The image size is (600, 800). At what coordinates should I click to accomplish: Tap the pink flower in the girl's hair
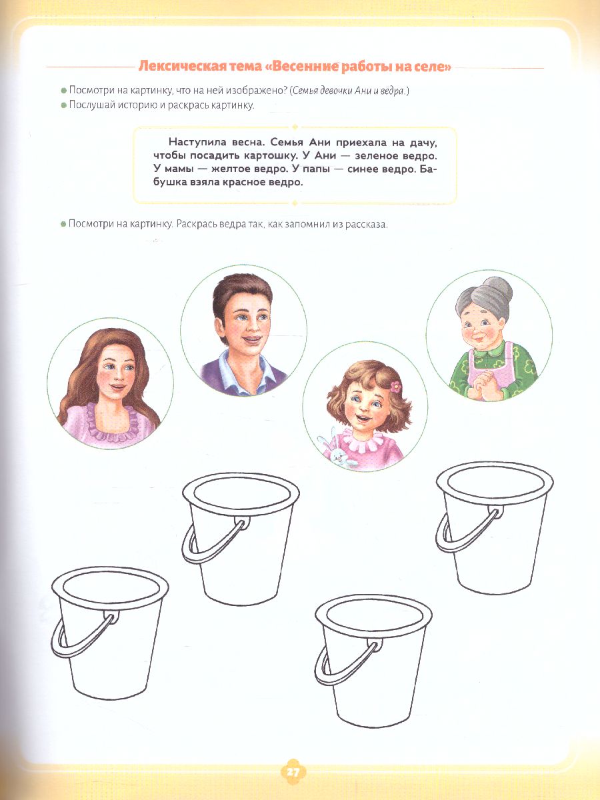tap(395, 386)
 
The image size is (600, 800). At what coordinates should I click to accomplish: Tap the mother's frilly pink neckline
tap(111, 420)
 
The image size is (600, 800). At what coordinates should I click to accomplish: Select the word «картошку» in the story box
tap(270, 156)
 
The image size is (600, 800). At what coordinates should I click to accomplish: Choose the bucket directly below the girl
tap(373, 661)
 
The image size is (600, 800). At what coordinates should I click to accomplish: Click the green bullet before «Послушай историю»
tap(64, 105)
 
